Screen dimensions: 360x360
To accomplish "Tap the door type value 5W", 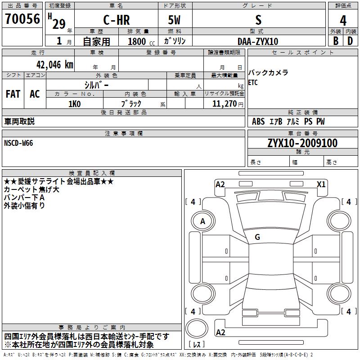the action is point(175,20).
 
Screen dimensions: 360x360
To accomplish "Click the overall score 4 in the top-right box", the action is point(343,20).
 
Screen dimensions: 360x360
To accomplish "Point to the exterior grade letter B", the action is point(335,41).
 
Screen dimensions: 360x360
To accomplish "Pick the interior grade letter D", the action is point(351,41).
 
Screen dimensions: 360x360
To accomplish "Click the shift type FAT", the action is point(13,94).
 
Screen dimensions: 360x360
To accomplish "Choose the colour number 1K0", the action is point(74,103).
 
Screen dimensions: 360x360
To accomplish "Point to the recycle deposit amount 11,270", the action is point(224,103).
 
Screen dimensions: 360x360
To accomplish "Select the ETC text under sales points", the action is point(253,82).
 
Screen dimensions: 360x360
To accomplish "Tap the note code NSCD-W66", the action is point(18,143).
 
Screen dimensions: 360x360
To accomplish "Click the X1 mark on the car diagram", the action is point(321,184).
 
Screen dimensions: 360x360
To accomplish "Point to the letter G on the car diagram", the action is point(257,237).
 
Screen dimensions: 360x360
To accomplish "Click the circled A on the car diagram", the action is point(202,221).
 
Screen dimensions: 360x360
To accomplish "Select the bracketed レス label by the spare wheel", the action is point(197,344).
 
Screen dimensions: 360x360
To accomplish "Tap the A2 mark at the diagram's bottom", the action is point(220,333).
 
